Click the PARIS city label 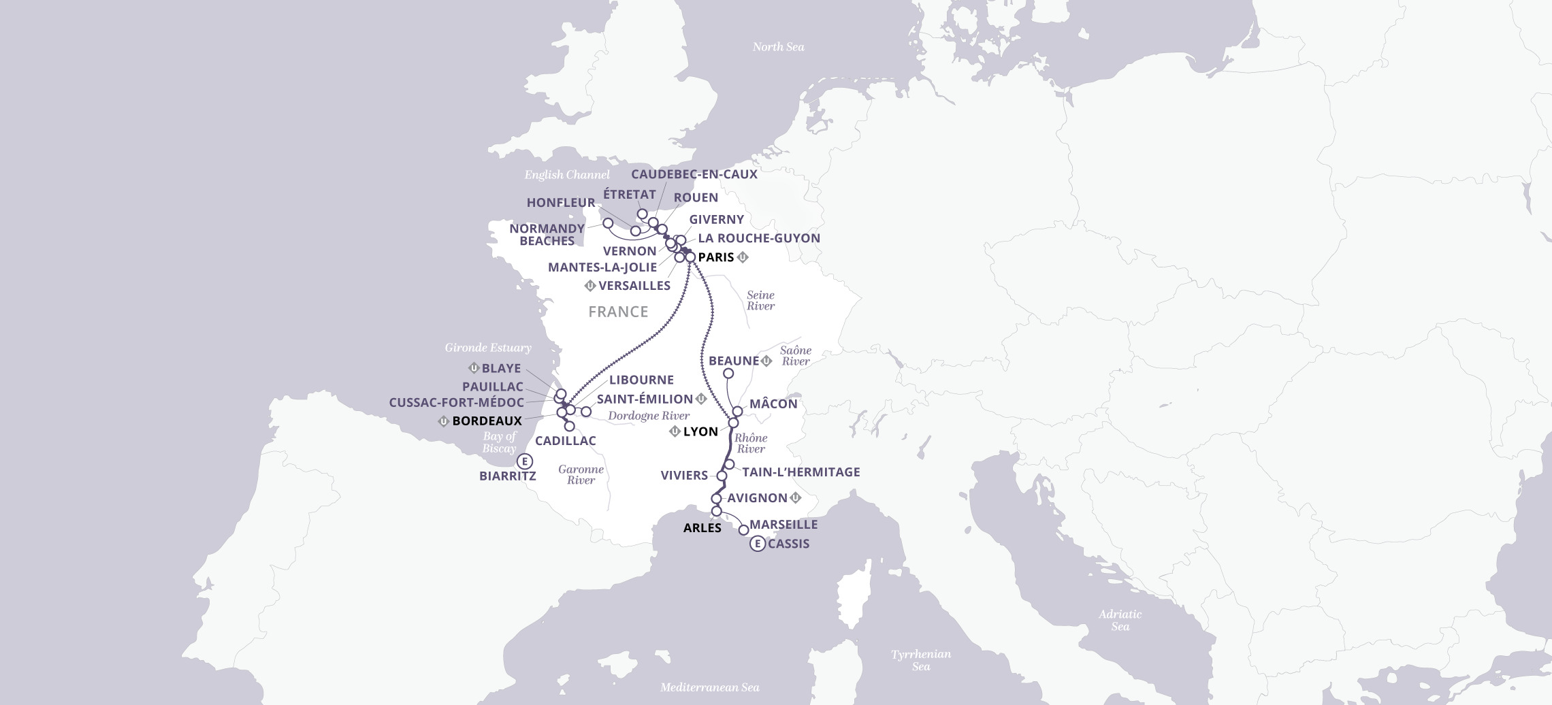click(x=716, y=257)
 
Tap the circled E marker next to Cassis click(x=757, y=544)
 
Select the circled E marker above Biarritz click(x=523, y=461)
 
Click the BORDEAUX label click(x=487, y=421)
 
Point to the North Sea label click(x=778, y=47)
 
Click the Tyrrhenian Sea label click(x=921, y=660)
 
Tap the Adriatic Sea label click(x=1120, y=620)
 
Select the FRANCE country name click(x=618, y=312)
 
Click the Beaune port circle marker click(x=728, y=373)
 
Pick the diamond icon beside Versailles click(x=590, y=286)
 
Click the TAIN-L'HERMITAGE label click(x=801, y=472)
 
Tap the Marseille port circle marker click(x=743, y=529)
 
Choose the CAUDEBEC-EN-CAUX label click(x=694, y=174)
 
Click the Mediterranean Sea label click(x=710, y=687)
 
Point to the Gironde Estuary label click(x=488, y=348)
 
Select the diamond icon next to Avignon click(x=795, y=498)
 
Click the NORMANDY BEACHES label click(x=547, y=235)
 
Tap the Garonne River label click(x=581, y=474)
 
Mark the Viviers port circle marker click(x=722, y=476)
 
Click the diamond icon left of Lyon click(x=675, y=431)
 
